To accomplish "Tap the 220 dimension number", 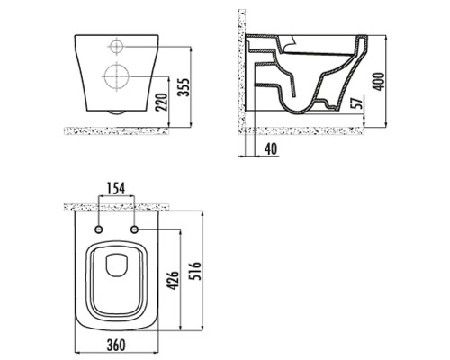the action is (x=162, y=103).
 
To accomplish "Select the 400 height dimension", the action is (x=379, y=81).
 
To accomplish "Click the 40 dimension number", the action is (x=272, y=149).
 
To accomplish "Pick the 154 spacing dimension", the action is (x=116, y=188).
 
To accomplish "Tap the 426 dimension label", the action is (x=173, y=281).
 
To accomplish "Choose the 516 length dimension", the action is (x=196, y=271).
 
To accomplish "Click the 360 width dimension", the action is (x=116, y=345).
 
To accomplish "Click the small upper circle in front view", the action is (x=116, y=47).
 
